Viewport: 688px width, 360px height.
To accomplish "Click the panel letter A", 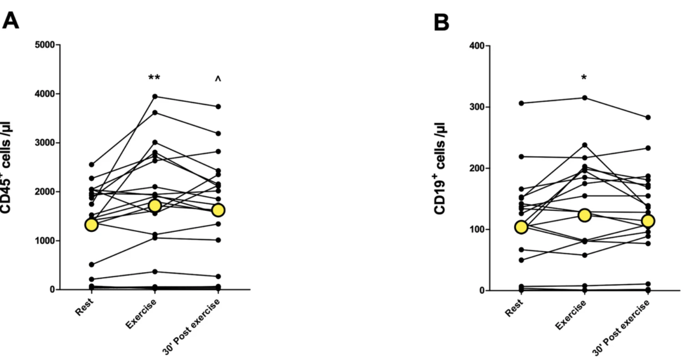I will tap(11, 22).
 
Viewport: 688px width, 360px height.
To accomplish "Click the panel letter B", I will tap(441, 24).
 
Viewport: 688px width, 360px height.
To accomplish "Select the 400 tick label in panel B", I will tap(477, 46).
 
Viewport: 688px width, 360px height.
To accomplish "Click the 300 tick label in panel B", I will tap(477, 107).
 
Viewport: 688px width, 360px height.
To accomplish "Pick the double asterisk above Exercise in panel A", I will tap(154, 78).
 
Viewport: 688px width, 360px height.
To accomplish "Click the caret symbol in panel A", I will tap(218, 79).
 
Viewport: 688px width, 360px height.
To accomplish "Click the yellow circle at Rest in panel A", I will tap(91, 224).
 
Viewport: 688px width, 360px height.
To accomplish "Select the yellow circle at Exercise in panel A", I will tap(154, 206).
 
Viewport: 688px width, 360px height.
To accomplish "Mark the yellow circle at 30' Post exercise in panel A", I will tap(218, 210).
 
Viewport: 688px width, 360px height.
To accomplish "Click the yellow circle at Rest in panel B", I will tap(521, 227).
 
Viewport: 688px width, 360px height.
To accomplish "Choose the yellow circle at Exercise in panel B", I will tap(584, 215).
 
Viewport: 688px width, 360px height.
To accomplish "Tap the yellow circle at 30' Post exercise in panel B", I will tap(648, 221).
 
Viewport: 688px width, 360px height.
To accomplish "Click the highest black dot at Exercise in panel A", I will tap(154, 96).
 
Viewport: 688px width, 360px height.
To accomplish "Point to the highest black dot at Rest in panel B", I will tap(521, 103).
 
